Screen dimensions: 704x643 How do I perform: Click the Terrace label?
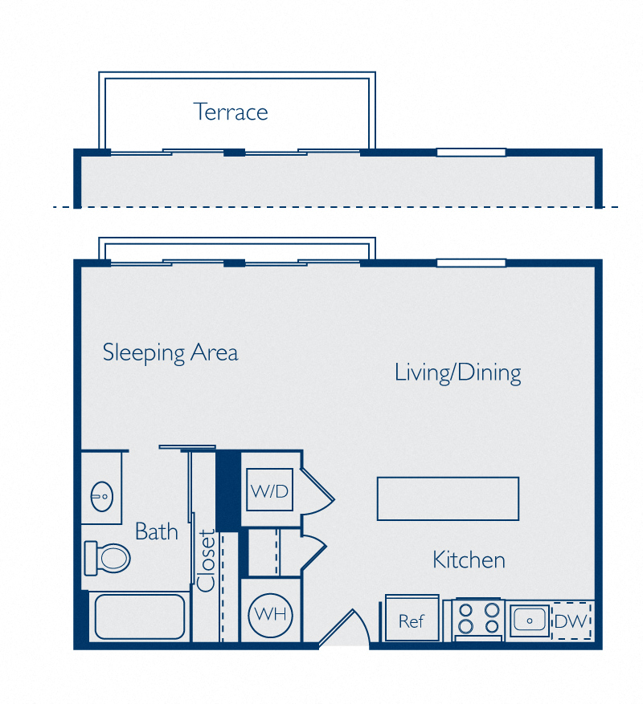click(231, 112)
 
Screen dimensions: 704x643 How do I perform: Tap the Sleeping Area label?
click(170, 352)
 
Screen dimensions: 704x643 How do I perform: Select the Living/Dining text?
click(457, 372)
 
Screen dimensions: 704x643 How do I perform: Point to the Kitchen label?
click(469, 560)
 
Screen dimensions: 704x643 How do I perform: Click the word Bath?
click(156, 531)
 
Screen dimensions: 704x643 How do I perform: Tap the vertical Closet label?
click(207, 560)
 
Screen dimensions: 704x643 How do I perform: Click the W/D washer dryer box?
click(269, 491)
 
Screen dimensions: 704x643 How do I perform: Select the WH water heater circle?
click(270, 616)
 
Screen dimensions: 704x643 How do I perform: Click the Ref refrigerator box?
click(412, 621)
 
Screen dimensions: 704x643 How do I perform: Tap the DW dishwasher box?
click(571, 621)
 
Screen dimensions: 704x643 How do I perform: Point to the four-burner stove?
click(477, 620)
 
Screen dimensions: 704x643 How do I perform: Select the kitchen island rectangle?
click(448, 498)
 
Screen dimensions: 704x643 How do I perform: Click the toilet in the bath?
click(109, 556)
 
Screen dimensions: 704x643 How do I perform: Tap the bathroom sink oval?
click(101, 497)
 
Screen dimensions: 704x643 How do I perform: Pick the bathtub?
click(139, 617)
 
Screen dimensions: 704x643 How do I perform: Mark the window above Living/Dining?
click(471, 262)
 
